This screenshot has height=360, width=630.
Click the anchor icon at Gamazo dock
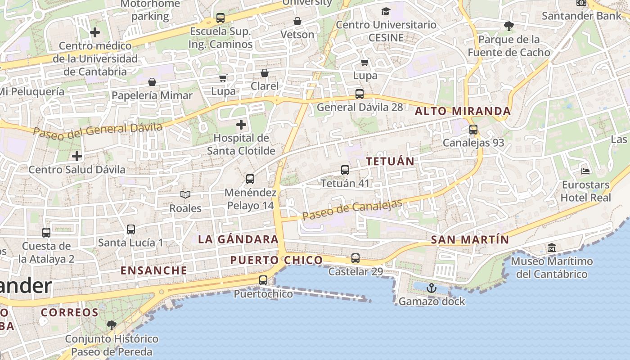tap(432, 288)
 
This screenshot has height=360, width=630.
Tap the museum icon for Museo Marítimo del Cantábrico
tap(552, 248)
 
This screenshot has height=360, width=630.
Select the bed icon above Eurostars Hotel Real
tap(585, 171)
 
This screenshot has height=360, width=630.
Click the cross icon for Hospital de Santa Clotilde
tap(241, 124)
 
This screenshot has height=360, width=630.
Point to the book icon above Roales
tap(185, 195)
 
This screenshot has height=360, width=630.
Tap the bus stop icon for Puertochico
tap(263, 280)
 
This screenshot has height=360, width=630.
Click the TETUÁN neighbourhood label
tap(390, 161)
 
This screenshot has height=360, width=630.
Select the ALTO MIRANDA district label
tap(463, 111)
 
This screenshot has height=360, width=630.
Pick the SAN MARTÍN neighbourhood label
tap(470, 239)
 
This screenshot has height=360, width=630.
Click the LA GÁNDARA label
tap(238, 239)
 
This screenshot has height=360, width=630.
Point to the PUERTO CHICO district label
tap(276, 260)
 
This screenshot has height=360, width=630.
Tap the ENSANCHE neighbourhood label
tap(154, 270)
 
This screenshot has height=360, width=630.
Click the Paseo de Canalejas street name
tap(352, 209)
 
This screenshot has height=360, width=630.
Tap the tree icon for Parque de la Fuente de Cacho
tap(509, 26)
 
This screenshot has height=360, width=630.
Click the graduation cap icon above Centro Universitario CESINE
tap(386, 11)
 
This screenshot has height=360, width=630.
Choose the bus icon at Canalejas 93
tap(473, 130)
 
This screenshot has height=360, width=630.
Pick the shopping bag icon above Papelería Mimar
tap(152, 82)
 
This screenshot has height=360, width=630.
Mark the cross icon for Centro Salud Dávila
tap(77, 156)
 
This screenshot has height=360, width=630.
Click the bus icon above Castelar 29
tap(355, 258)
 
